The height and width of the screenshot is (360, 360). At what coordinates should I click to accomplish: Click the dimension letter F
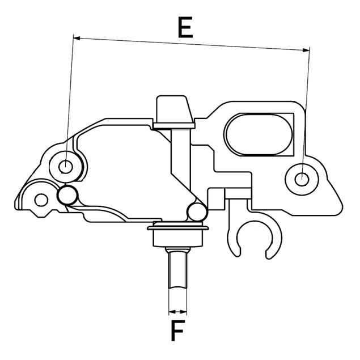[x=179, y=331]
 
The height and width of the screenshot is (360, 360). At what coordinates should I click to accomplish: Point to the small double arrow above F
[x=177, y=311]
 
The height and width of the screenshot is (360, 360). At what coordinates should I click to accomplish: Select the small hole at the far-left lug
[x=40, y=198]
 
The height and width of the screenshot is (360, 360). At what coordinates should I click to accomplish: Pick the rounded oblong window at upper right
[x=259, y=134]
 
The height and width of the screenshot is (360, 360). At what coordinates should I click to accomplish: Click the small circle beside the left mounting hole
[x=67, y=196]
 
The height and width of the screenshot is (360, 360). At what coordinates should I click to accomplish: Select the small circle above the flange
[x=197, y=212]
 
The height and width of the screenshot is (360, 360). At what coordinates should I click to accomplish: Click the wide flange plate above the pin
[x=179, y=229]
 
